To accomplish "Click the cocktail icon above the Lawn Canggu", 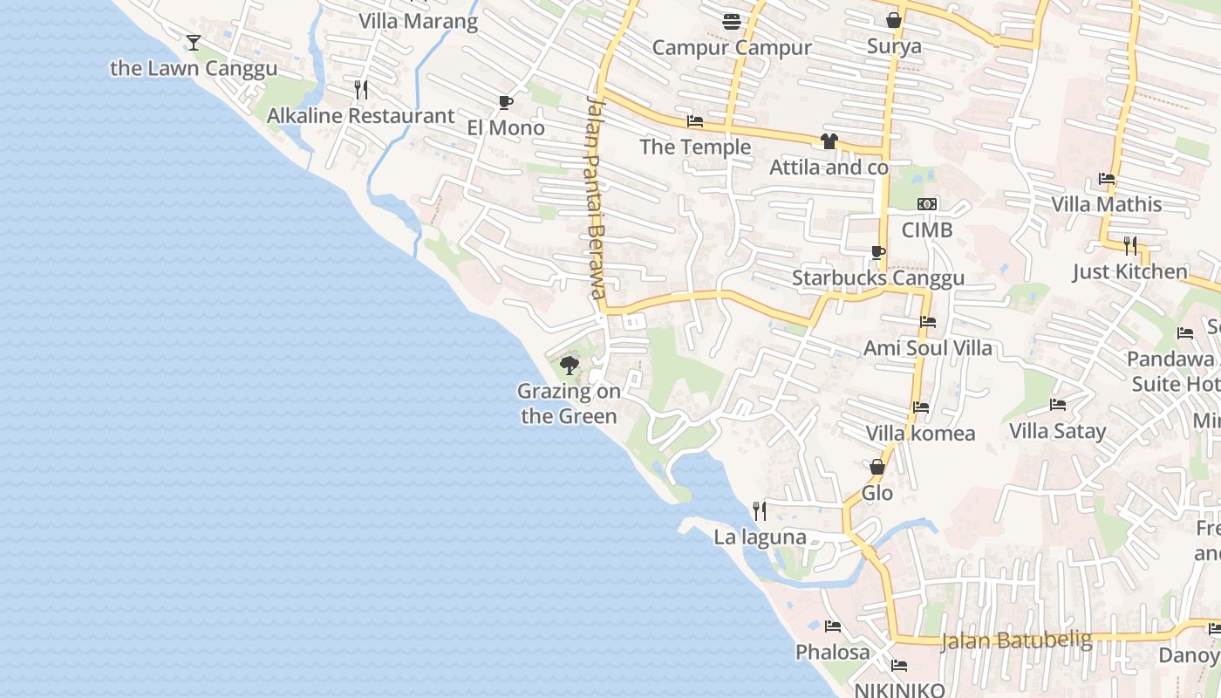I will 194,42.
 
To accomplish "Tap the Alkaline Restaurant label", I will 360,115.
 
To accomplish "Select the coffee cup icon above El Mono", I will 505,102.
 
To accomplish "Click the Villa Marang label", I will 419,21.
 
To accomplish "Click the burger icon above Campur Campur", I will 731,21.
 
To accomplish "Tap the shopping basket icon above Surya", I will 894,19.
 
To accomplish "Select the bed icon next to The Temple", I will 695,121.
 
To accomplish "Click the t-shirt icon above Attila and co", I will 829,141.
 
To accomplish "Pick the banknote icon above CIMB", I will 927,204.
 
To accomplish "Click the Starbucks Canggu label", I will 877,277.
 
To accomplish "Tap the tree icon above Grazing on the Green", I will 570,365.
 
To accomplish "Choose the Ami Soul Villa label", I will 927,347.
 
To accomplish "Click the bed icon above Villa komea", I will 920,407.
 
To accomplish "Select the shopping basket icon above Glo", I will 877,468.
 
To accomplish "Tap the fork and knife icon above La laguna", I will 760,511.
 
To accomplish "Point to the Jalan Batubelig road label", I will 1016,640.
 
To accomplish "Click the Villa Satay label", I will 1057,430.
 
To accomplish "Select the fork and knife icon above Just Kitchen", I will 1130,245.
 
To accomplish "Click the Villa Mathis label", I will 1106,204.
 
